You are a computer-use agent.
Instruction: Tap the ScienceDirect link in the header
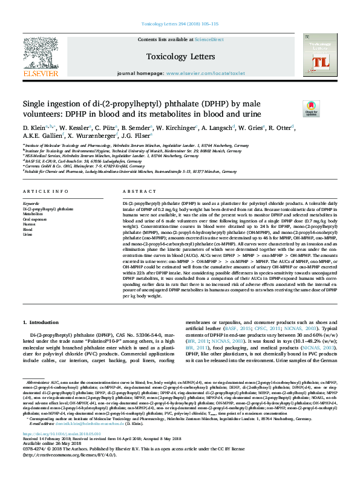click(x=209, y=39)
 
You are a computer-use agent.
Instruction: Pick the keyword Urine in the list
click(x=28, y=234)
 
